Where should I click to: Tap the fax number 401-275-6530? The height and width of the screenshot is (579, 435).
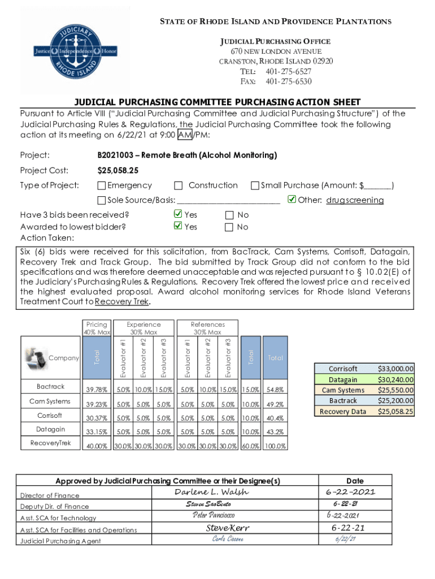(289, 81)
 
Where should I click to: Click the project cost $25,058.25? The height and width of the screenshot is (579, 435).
(118, 170)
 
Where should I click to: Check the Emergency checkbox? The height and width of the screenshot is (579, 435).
(102, 185)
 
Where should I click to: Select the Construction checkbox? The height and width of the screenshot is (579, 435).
(179, 185)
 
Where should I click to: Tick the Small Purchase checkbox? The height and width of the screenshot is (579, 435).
(255, 185)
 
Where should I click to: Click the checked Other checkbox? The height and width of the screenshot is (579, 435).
(292, 200)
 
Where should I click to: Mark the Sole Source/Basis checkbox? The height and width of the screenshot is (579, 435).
(102, 200)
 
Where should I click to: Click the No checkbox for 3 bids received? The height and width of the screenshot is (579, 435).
(229, 215)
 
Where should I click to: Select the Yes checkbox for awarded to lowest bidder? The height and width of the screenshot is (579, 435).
(177, 227)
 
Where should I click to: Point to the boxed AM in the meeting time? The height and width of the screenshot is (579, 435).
(184, 134)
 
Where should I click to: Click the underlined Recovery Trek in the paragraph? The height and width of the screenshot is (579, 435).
(122, 302)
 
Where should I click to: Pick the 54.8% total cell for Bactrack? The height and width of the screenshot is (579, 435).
(275, 389)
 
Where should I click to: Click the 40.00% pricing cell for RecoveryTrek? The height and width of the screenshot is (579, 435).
(97, 446)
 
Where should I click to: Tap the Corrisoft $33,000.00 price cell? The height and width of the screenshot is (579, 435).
(395, 368)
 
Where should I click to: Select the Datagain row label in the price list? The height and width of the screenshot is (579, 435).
(343, 379)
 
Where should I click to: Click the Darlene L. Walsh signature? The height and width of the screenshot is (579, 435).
(211, 492)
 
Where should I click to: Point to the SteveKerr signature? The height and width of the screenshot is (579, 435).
(227, 528)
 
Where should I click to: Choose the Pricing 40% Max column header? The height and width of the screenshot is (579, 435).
(97, 329)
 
